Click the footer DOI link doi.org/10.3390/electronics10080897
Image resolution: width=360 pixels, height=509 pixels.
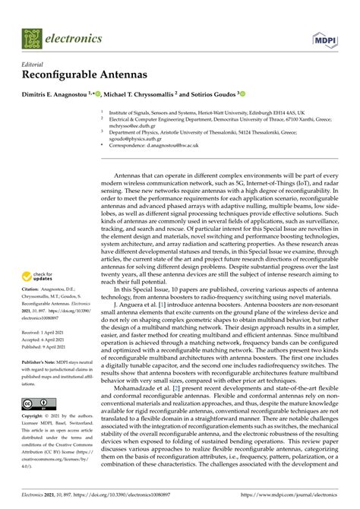(x=137, y=495)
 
